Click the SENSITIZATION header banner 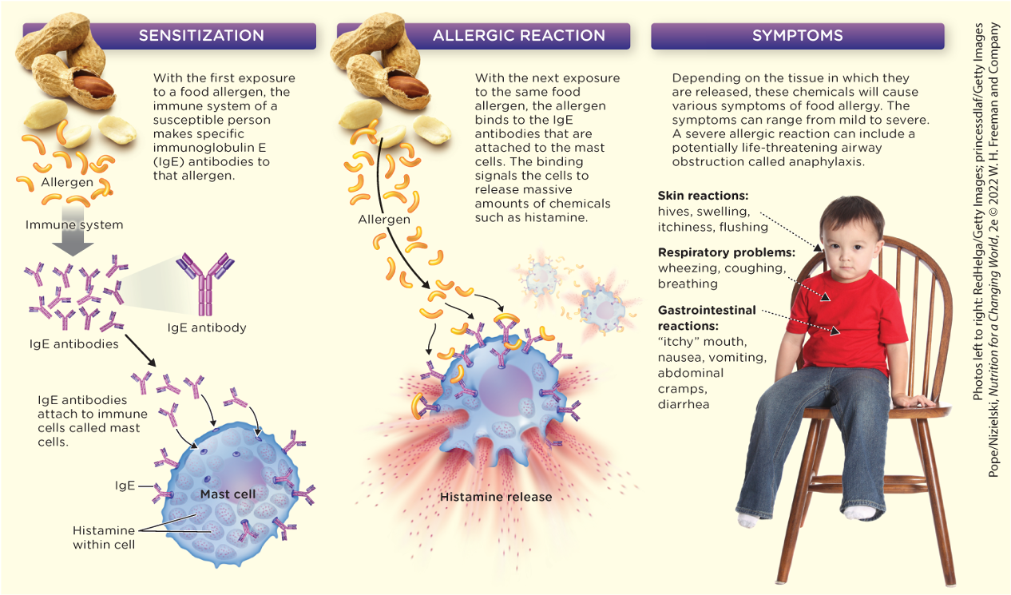point(201,36)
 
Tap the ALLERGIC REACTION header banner point(518,36)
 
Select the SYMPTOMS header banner point(797,36)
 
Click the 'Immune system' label point(74,225)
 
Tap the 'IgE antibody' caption point(207,327)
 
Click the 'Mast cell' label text point(228,494)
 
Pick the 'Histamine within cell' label point(103,537)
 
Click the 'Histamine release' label point(496,497)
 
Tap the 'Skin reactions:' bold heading point(703,196)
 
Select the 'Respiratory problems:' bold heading point(726,253)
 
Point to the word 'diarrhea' point(684,404)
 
